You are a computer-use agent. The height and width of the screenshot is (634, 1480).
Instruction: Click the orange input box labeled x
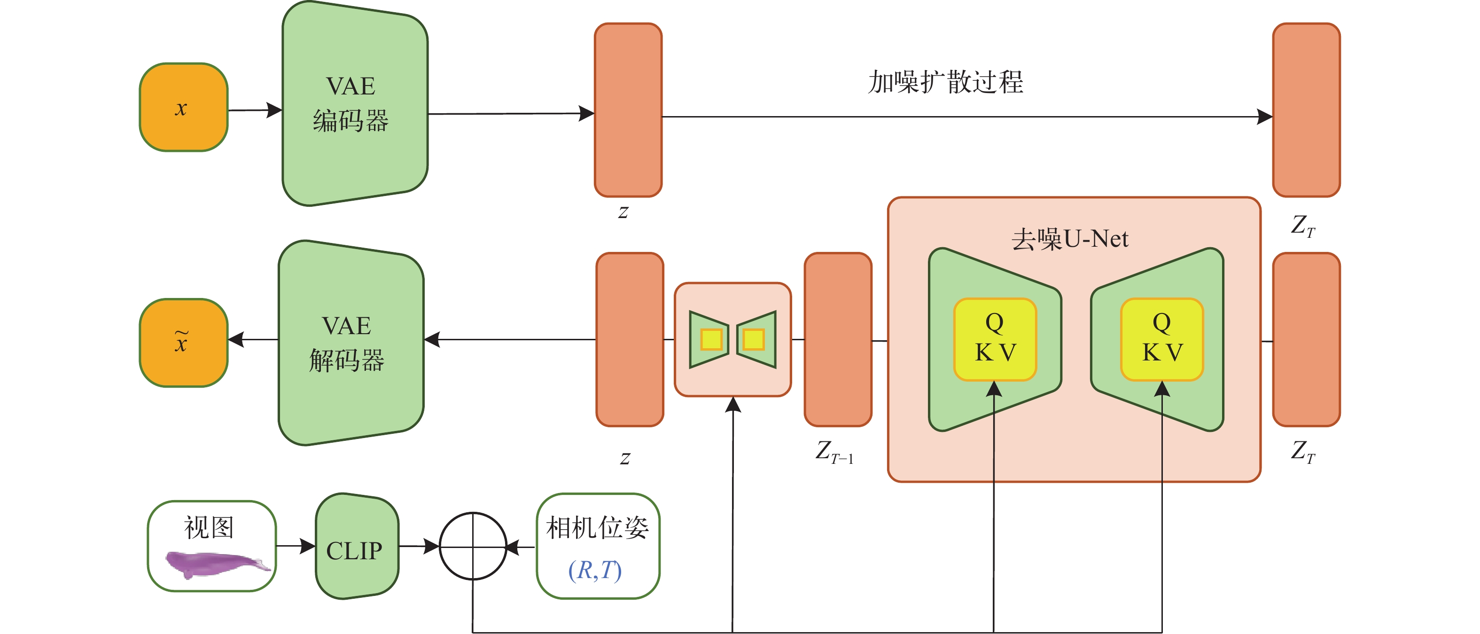(x=183, y=108)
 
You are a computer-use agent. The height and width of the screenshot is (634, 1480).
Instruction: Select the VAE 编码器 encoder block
(x=354, y=103)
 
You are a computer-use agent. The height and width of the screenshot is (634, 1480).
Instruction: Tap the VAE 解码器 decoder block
(x=351, y=343)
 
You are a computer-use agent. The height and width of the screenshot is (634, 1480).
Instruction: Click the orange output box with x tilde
(x=183, y=343)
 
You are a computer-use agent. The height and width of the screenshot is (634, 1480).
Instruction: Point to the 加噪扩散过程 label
(x=945, y=82)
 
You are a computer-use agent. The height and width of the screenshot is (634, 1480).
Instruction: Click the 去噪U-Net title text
(x=1070, y=239)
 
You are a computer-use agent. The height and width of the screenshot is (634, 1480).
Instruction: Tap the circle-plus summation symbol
(x=473, y=546)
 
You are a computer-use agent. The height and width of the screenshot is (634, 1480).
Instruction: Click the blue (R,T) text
(x=595, y=570)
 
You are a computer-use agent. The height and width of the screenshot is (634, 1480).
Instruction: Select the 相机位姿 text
(x=598, y=528)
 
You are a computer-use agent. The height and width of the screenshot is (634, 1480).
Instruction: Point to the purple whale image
(x=216, y=564)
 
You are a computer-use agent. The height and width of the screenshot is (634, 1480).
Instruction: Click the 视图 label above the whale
(x=209, y=528)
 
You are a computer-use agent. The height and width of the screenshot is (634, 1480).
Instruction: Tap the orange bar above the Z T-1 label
(x=838, y=339)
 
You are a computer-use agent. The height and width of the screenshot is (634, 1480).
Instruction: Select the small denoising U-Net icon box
(x=732, y=339)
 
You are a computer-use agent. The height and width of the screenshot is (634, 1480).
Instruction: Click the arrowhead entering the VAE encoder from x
(x=275, y=110)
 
